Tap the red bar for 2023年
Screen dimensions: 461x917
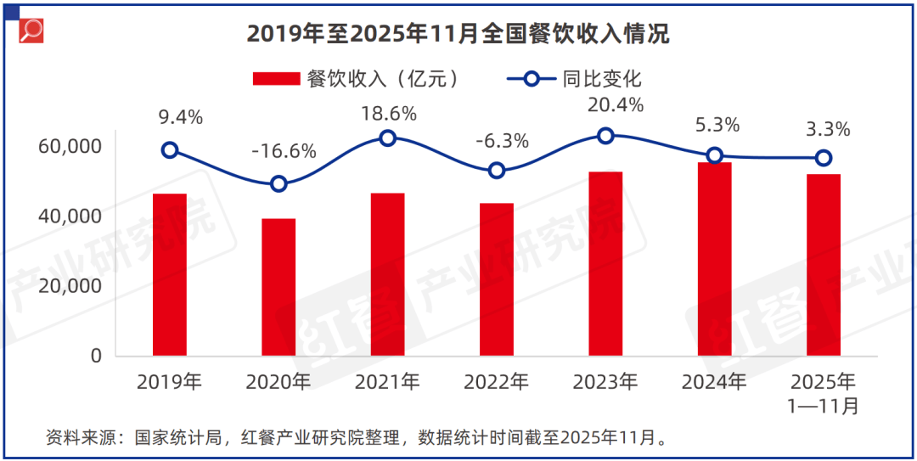pyautogui.click(x=605, y=263)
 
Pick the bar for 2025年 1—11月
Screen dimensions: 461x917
pyautogui.click(x=824, y=265)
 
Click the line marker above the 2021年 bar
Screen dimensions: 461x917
pyautogui.click(x=388, y=138)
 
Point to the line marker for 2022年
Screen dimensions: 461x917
pyautogui.click(x=497, y=170)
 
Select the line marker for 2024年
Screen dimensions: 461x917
pyautogui.click(x=715, y=155)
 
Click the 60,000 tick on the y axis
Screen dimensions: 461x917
pyautogui.click(x=70, y=146)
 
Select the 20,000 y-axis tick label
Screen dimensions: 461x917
pyautogui.click(x=70, y=286)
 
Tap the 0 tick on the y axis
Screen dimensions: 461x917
pyautogui.click(x=96, y=356)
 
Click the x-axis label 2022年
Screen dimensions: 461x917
pyautogui.click(x=497, y=382)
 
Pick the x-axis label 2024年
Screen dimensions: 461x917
pyautogui.click(x=715, y=382)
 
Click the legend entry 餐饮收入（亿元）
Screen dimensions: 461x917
pyautogui.click(x=357, y=79)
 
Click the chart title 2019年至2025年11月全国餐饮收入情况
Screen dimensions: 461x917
pyautogui.click(x=458, y=33)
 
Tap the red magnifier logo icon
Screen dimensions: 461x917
pyautogui.click(x=31, y=31)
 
